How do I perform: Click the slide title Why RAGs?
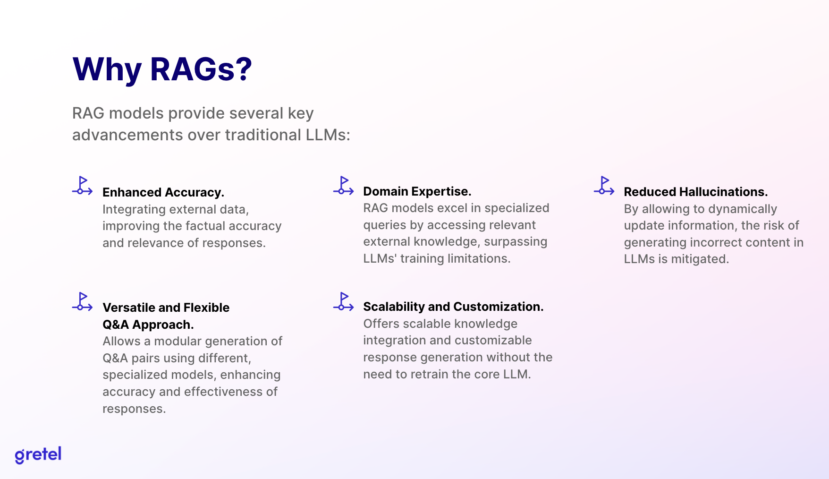(162, 69)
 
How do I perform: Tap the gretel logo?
(38, 455)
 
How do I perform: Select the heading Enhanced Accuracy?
(163, 192)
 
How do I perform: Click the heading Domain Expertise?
(417, 191)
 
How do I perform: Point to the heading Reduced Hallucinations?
(696, 192)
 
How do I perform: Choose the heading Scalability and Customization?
(453, 307)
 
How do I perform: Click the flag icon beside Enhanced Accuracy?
(82, 185)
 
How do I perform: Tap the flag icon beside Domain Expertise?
(343, 185)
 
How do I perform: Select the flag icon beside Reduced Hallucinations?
(604, 185)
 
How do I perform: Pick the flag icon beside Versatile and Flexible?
(82, 301)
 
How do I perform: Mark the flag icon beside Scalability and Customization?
(343, 301)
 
